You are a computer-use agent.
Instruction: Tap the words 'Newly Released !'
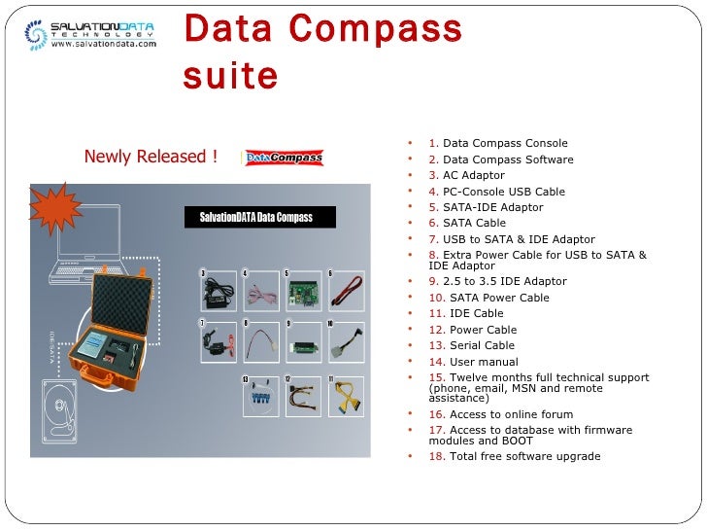click(150, 158)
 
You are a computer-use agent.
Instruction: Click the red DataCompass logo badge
click(284, 158)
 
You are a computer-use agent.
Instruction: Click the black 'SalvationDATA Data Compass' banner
click(260, 217)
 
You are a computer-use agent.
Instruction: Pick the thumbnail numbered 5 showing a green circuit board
click(304, 290)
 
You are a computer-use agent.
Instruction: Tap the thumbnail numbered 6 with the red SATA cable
click(346, 290)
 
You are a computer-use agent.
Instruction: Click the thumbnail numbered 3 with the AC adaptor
click(219, 290)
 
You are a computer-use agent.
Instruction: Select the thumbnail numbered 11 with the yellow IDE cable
click(346, 396)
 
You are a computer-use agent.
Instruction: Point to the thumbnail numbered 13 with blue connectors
click(260, 396)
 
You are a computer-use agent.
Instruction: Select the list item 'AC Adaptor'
click(474, 176)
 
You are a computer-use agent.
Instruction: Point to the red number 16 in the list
click(436, 414)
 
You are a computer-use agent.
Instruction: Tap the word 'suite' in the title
click(230, 75)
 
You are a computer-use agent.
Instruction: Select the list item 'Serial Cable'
click(482, 345)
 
